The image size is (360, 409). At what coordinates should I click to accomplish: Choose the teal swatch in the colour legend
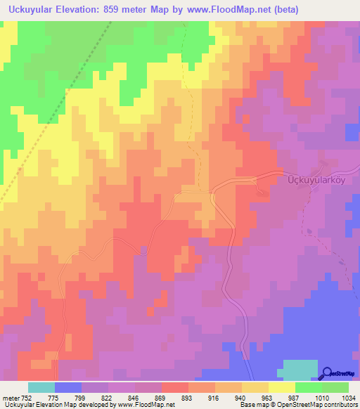(x=41, y=387)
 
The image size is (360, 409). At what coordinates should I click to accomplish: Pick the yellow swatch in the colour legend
(x=282, y=387)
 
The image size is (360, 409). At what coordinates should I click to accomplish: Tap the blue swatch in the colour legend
(x=68, y=387)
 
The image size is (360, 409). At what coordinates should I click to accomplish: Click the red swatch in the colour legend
(x=175, y=387)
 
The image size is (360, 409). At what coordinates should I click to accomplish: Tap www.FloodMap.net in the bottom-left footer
(x=147, y=405)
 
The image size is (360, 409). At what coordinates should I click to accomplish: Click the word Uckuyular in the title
(x=30, y=10)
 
